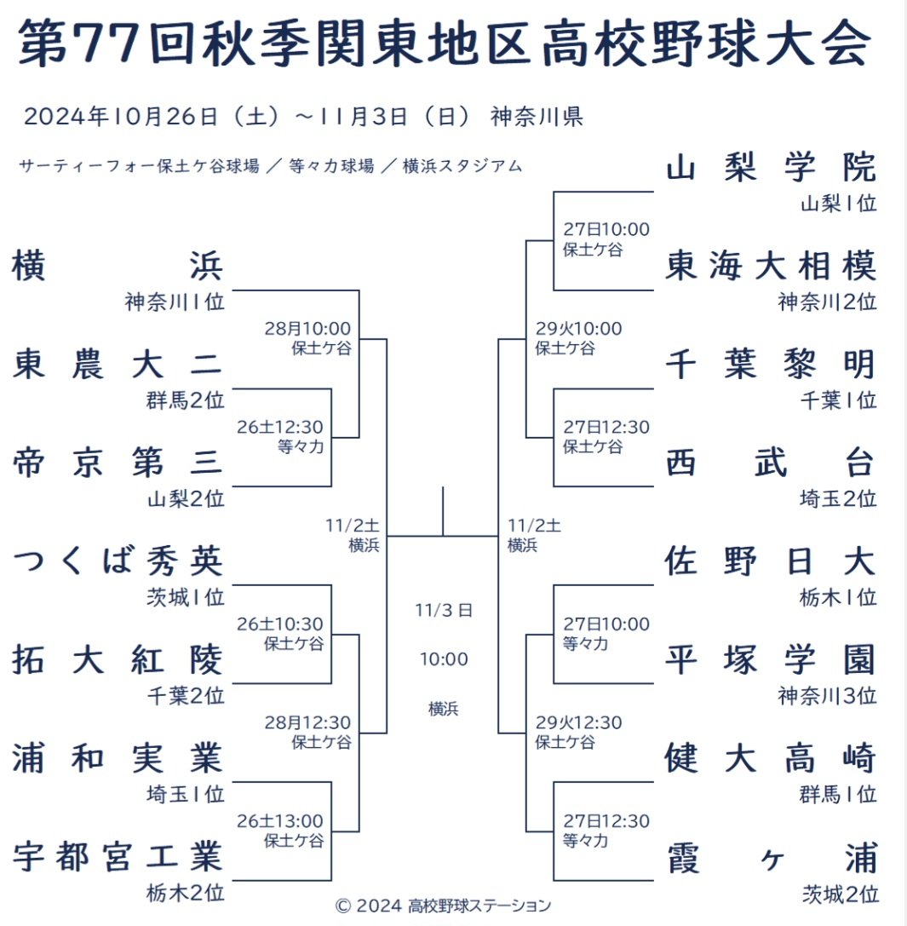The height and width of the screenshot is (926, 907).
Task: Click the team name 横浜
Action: pyautogui.click(x=118, y=267)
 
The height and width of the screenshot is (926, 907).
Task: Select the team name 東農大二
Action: pyautogui.click(x=118, y=365)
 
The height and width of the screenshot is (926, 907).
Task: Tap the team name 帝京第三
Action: pyautogui.click(x=118, y=463)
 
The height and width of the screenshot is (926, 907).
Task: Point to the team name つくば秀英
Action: pyautogui.click(x=118, y=561)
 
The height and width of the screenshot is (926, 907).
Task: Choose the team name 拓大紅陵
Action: pyautogui.click(x=118, y=660)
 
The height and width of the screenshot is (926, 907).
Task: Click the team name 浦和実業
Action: pyautogui.click(x=118, y=758)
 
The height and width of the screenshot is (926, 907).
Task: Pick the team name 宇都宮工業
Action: pyautogui.click(x=118, y=856)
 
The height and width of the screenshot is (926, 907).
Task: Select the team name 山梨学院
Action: pyautogui.click(x=770, y=168)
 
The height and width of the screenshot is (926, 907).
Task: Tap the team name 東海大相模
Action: pyautogui.click(x=770, y=267)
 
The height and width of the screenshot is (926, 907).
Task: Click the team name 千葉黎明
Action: pyautogui.click(x=770, y=365)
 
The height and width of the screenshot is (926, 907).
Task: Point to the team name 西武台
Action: pyautogui.click(x=770, y=463)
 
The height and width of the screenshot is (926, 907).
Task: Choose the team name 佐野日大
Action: pyautogui.click(x=770, y=561)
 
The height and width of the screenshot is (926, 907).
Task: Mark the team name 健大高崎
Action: pyautogui.click(x=770, y=758)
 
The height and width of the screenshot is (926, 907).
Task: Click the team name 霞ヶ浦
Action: pyautogui.click(x=770, y=856)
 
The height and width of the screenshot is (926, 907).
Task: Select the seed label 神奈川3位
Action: pyautogui.click(x=826, y=696)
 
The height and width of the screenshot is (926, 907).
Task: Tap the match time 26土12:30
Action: pyautogui.click(x=280, y=427)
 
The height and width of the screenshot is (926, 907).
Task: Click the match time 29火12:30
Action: pyautogui.click(x=578, y=723)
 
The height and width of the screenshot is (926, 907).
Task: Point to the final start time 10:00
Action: pyautogui.click(x=443, y=659)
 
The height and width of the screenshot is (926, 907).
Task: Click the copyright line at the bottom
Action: pyautogui.click(x=443, y=905)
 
